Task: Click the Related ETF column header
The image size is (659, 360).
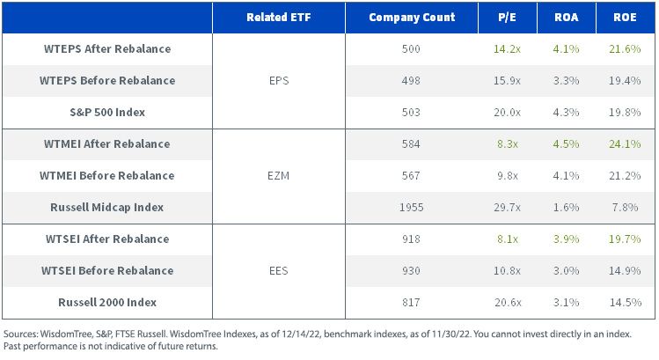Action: [279, 18]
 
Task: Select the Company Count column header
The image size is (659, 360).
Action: [412, 18]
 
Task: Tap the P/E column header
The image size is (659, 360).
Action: [508, 18]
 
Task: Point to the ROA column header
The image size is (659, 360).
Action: [566, 18]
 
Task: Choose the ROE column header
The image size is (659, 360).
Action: [625, 18]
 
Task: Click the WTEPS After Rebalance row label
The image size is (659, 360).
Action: [107, 48]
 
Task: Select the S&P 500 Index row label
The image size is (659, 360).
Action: [107, 113]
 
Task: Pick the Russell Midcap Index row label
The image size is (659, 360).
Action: [106, 208]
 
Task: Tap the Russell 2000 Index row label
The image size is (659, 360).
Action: [107, 303]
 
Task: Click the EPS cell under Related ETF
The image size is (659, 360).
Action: [279, 81]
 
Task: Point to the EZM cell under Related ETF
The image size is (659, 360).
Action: [278, 176]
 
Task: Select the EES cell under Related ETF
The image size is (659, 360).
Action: [278, 271]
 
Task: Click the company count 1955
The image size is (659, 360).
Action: [411, 208]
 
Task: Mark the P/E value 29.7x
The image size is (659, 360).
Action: [508, 208]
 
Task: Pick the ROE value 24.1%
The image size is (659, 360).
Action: [625, 143]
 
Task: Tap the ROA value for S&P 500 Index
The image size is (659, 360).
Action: [566, 113]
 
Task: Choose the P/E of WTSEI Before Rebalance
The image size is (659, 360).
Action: [508, 271]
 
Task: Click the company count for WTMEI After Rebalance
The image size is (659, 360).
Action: [411, 143]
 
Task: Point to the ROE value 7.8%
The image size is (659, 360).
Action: [625, 208]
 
